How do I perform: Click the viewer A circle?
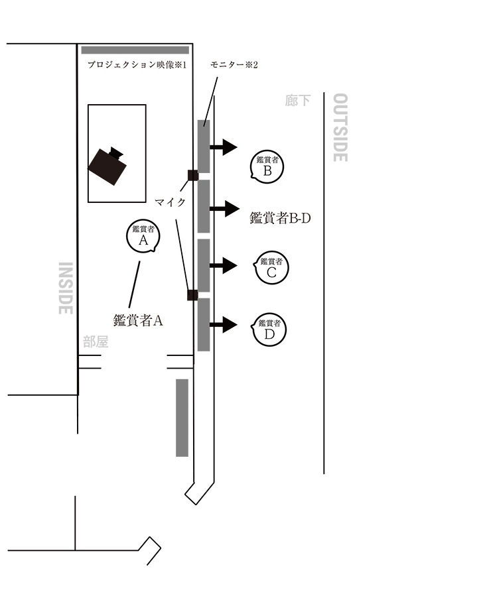[143, 237]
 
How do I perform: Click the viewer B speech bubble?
[268, 166]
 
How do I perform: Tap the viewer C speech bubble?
[271, 268]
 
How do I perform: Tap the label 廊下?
[297, 101]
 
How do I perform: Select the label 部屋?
[96, 342]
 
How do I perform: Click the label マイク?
[169, 200]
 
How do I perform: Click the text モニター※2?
[233, 65]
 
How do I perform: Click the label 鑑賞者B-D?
[280, 217]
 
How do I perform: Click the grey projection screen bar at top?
[135, 50]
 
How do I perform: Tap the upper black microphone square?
[193, 175]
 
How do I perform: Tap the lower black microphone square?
[192, 295]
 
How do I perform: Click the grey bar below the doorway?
[182, 417]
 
